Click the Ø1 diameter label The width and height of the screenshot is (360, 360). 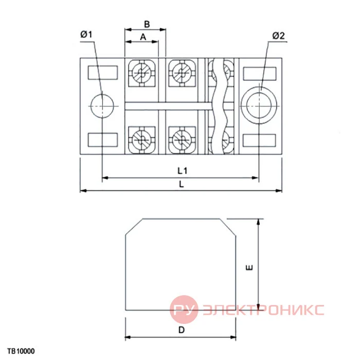(86, 34)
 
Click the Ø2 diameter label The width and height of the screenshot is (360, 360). (279, 35)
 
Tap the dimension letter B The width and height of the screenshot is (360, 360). (147, 24)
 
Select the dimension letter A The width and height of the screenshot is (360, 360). (143, 37)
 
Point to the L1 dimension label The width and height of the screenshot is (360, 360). (183, 171)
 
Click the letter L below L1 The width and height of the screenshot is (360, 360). (182, 184)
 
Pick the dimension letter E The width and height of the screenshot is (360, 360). (249, 267)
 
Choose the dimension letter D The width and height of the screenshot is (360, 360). (182, 330)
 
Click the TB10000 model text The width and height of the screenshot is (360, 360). (21, 351)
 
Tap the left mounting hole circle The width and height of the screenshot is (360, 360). (102, 106)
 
